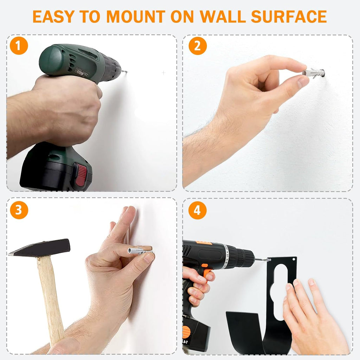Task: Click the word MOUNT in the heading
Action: click(136, 17)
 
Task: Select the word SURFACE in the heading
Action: click(289, 17)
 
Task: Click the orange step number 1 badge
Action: click(19, 45)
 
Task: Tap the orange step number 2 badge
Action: click(198, 46)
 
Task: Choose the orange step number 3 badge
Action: click(19, 210)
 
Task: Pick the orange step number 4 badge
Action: click(197, 210)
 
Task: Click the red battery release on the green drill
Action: click(81, 174)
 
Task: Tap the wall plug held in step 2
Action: click(313, 73)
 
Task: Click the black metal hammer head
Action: click(39, 247)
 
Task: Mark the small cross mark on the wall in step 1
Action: click(163, 73)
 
